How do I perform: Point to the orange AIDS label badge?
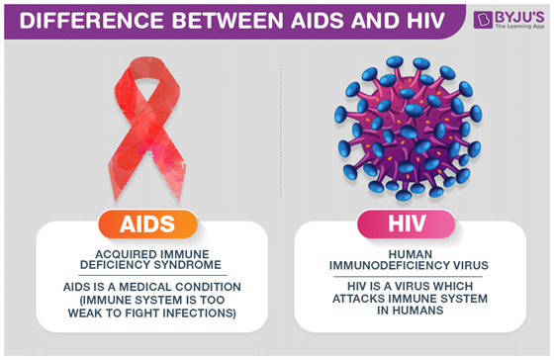[x=139, y=224]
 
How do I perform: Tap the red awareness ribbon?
[x=138, y=129]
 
